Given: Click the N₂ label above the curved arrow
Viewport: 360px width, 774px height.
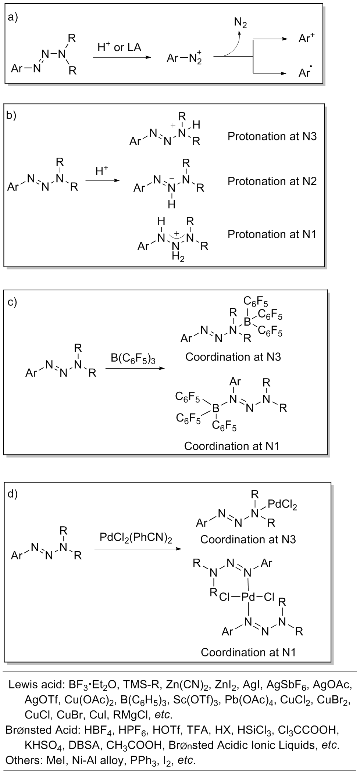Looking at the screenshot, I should [241, 23].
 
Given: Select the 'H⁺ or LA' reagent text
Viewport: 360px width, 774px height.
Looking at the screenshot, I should [119, 47].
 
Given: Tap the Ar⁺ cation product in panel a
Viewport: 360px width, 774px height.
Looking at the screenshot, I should [306, 39].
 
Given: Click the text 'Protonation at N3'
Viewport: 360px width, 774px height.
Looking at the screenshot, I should [272, 136].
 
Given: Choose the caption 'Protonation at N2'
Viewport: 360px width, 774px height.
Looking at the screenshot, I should [272, 181].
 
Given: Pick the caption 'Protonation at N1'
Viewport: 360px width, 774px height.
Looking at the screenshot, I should [272, 234].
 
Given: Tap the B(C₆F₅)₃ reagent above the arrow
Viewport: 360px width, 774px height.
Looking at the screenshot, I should [133, 358].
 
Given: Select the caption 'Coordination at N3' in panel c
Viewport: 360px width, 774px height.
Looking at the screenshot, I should [233, 357].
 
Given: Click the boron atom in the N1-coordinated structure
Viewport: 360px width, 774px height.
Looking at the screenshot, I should [216, 408].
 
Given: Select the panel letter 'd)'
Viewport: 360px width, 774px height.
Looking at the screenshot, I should [13, 494].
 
